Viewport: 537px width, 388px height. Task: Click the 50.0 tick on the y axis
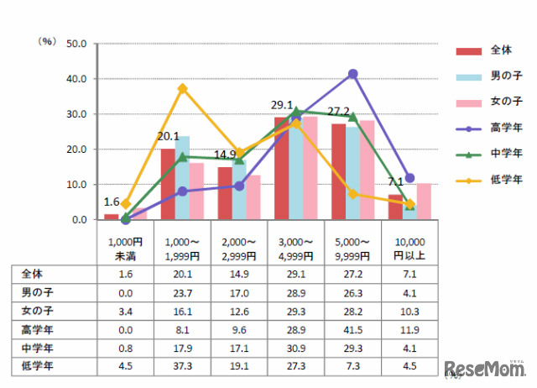(76, 44)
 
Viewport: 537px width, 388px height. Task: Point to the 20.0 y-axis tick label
(76, 149)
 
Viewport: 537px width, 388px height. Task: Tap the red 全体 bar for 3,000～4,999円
(281, 168)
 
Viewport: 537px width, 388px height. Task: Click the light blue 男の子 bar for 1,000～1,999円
(182, 177)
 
